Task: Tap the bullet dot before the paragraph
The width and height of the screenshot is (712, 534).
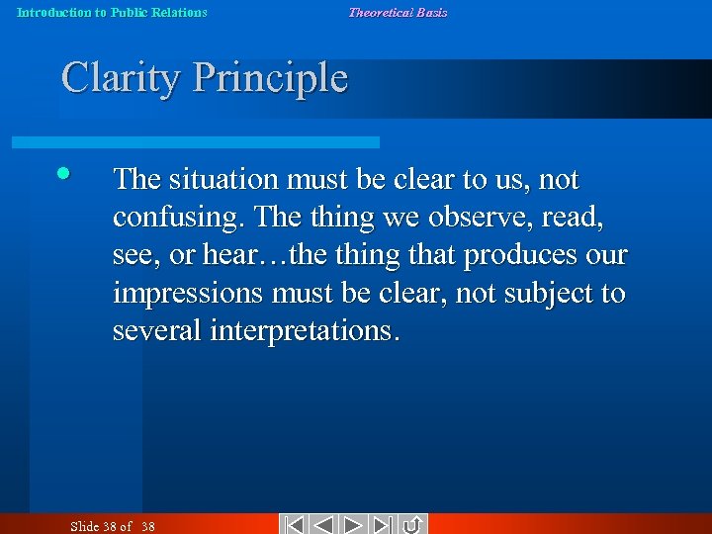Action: click(x=63, y=174)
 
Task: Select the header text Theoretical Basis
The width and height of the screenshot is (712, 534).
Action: click(x=397, y=12)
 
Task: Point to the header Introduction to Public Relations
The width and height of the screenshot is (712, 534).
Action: click(x=112, y=12)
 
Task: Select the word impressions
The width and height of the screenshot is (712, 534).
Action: click(x=186, y=294)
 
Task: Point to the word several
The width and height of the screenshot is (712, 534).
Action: click(x=157, y=331)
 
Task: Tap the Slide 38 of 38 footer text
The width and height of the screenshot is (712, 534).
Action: click(x=113, y=526)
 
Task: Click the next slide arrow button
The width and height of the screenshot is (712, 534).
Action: click(x=355, y=525)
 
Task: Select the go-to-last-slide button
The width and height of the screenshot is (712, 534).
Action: click(x=384, y=525)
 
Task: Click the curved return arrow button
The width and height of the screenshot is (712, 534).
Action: click(x=413, y=525)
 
